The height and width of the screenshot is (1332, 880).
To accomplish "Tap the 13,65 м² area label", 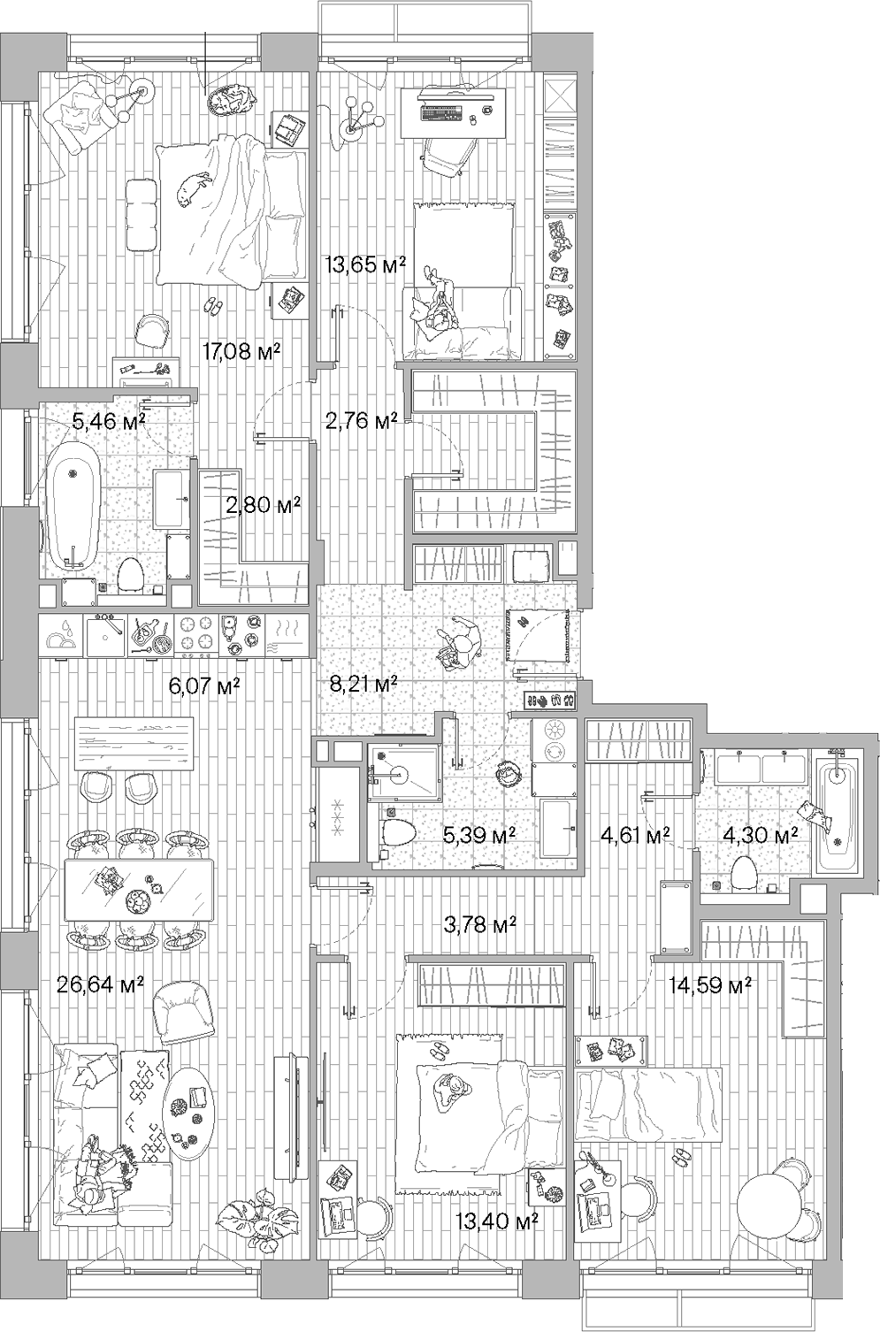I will pos(364,264).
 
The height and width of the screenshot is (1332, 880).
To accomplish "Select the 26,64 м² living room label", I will pos(101,984).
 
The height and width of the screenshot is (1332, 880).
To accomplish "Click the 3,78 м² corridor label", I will pos(479,925).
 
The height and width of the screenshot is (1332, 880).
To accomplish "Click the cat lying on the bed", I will pos(193,187).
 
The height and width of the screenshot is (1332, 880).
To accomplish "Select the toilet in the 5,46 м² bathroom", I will pos(130,576).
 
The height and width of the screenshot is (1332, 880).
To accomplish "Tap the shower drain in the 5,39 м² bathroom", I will pos(402,776).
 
